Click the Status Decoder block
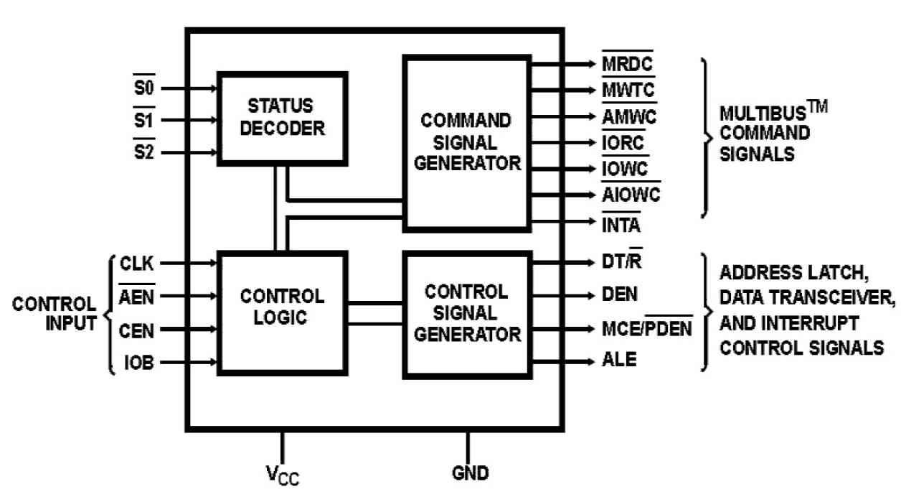tap(283, 118)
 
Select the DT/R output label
tap(621, 263)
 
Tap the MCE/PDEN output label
tap(647, 329)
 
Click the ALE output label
tap(618, 360)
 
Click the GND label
tap(470, 473)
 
